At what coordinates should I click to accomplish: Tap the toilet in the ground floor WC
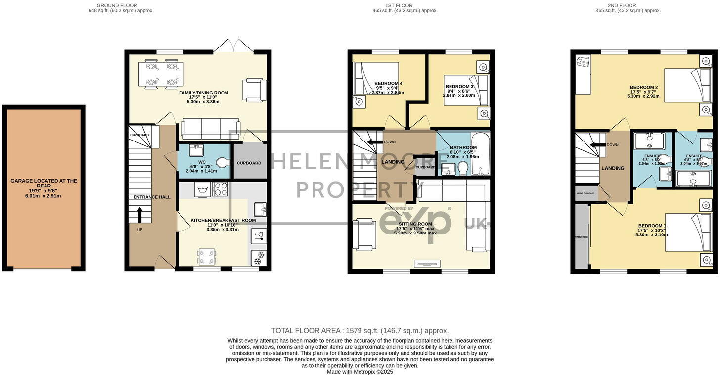(x=222, y=162)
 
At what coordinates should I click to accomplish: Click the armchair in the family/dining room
(x=251, y=90)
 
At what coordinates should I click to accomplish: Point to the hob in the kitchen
(x=220, y=189)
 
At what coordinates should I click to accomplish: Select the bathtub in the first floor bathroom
(x=480, y=154)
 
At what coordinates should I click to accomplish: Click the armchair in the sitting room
(x=365, y=234)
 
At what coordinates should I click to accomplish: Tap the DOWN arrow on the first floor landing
(x=377, y=142)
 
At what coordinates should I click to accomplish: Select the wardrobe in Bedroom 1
(x=582, y=237)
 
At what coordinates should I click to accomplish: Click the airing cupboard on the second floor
(x=585, y=193)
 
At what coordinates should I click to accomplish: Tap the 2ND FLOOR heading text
(x=628, y=5)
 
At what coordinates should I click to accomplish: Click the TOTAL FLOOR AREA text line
(x=360, y=331)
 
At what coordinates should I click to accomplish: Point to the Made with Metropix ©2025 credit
(x=360, y=372)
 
